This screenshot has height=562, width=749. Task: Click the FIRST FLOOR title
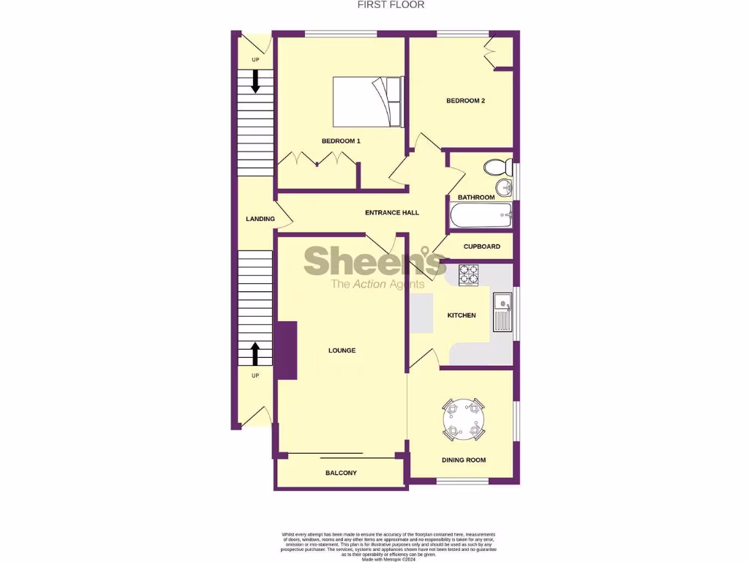pyautogui.click(x=391, y=4)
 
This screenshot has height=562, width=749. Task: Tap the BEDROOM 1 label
pyautogui.click(x=341, y=140)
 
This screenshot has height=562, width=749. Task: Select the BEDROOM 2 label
pyautogui.click(x=466, y=101)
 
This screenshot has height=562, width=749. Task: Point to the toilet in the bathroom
pyautogui.click(x=497, y=166)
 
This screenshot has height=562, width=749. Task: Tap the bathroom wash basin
pyautogui.click(x=504, y=187)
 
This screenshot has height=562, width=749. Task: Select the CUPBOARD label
pyautogui.click(x=482, y=247)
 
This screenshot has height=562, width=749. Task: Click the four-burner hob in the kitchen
pyautogui.click(x=468, y=275)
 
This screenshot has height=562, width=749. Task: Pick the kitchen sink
pyautogui.click(x=503, y=312)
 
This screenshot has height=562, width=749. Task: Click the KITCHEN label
pyautogui.click(x=462, y=315)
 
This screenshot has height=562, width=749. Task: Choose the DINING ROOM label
pyautogui.click(x=464, y=460)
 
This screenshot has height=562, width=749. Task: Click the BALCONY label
pyautogui.click(x=341, y=473)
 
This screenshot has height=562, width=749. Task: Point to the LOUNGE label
pyautogui.click(x=342, y=351)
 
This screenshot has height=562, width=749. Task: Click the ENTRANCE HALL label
pyautogui.click(x=392, y=212)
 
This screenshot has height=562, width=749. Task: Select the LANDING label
pyautogui.click(x=260, y=219)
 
